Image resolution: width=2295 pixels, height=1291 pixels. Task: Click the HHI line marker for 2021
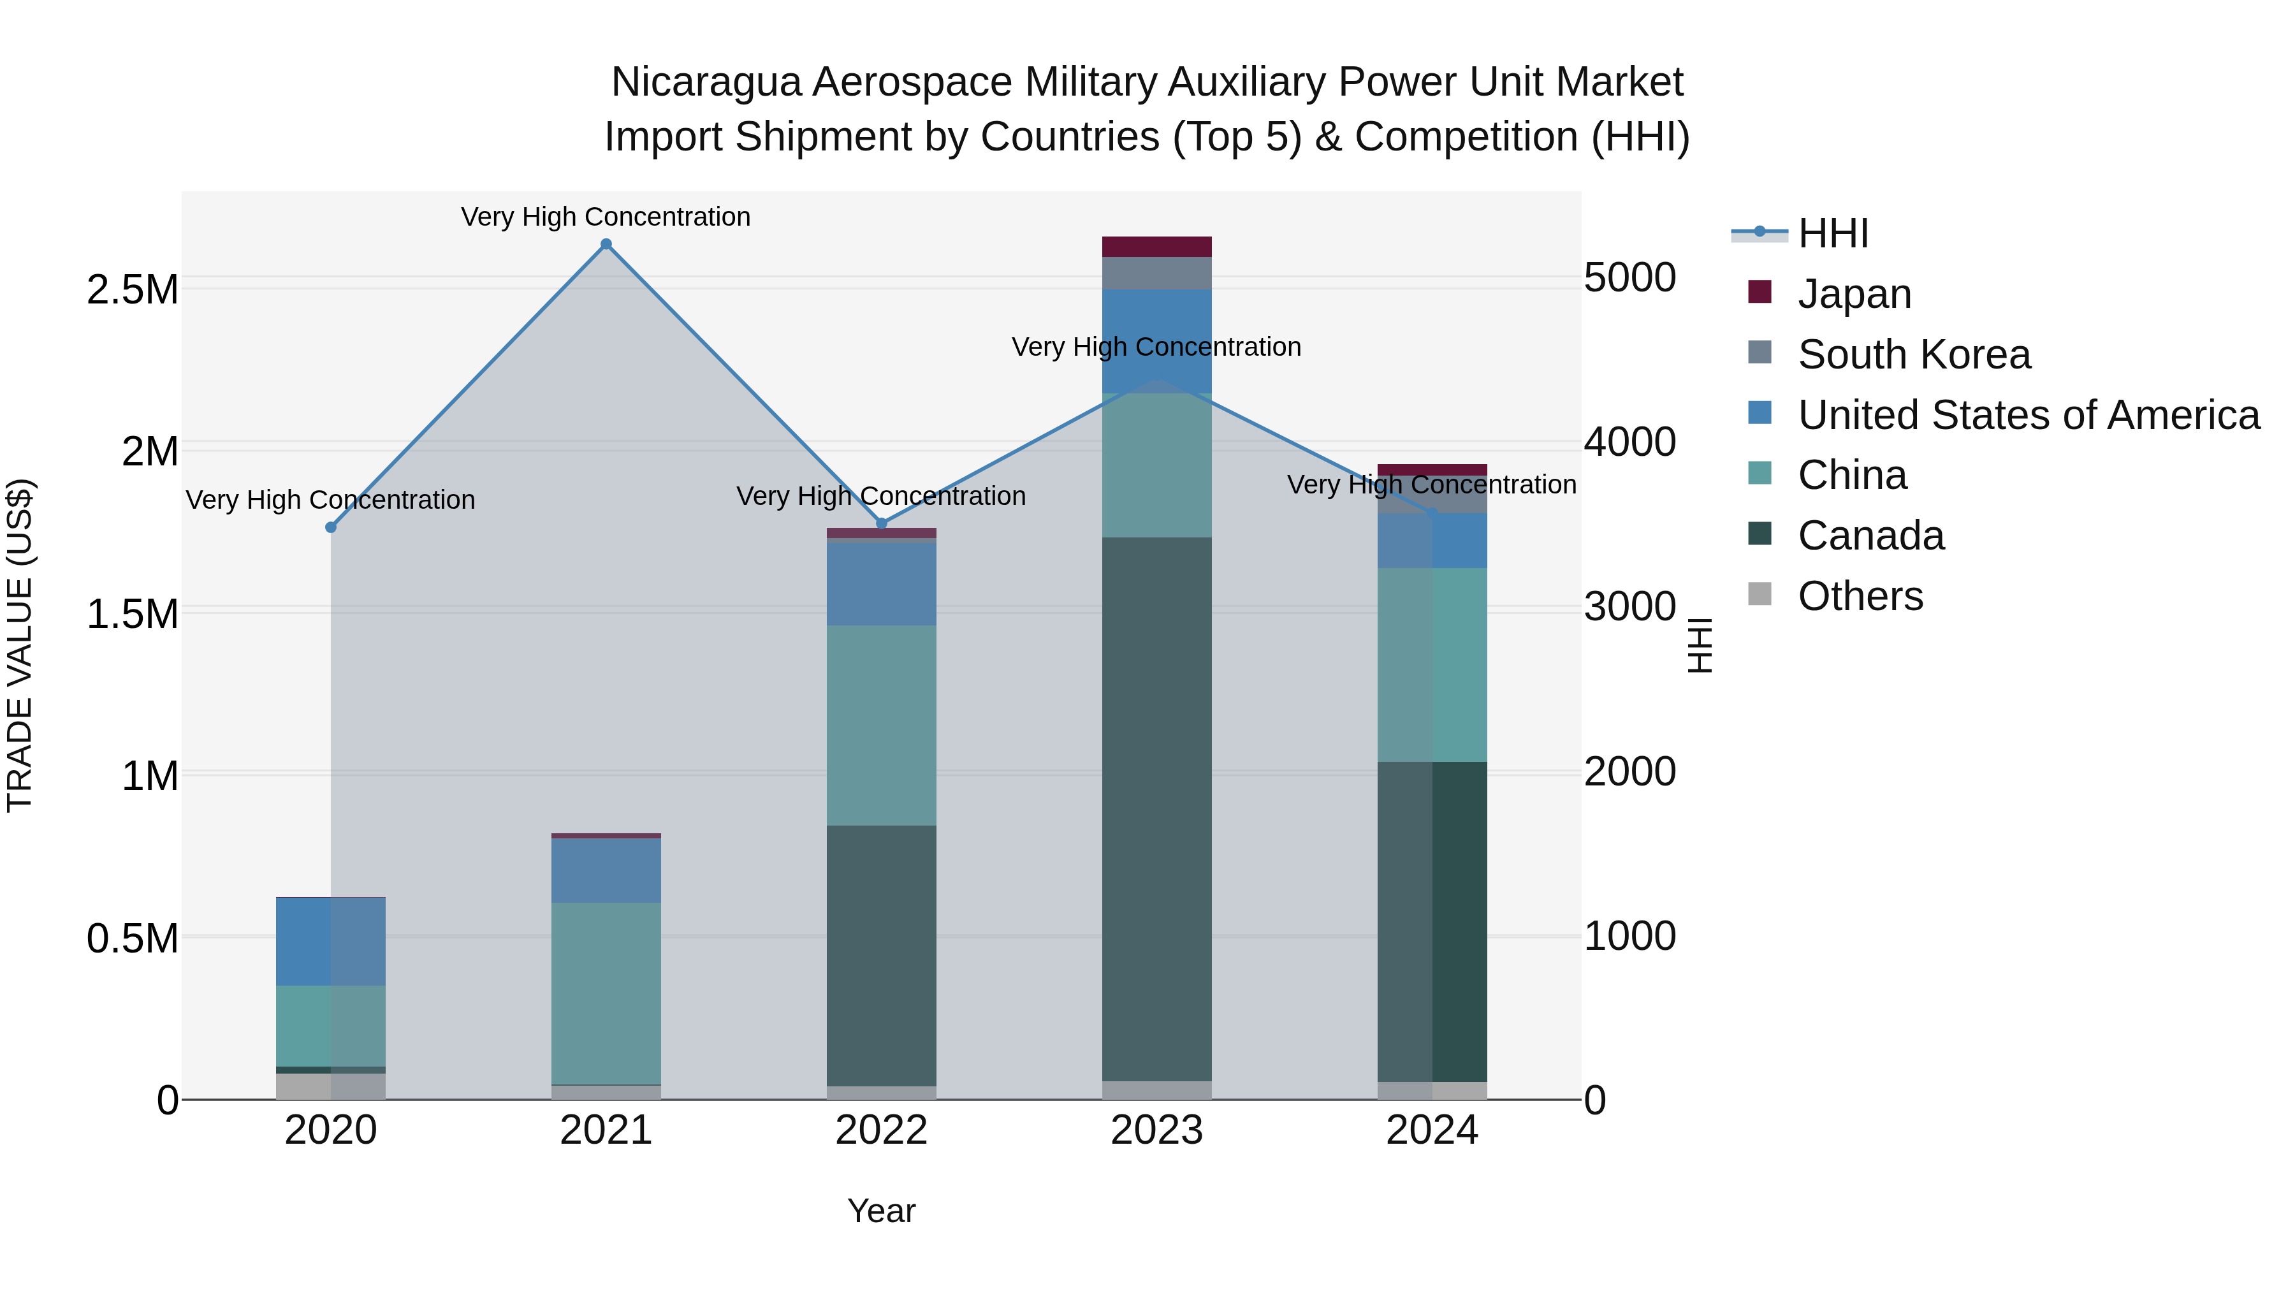tap(606, 244)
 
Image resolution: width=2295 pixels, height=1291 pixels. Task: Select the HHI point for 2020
tap(330, 527)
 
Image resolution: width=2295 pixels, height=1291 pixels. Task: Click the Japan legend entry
tap(1854, 294)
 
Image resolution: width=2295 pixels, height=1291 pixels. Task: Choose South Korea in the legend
tap(1914, 354)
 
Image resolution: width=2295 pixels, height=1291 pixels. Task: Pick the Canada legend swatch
tap(1759, 535)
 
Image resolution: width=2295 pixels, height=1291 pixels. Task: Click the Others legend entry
tap(1860, 596)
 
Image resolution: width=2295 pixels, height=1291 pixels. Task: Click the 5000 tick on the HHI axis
tap(1629, 278)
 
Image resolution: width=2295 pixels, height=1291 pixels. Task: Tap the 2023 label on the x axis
tap(1156, 1130)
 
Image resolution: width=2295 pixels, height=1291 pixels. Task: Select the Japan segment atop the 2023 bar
tap(1156, 247)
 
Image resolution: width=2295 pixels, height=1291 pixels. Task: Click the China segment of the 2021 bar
tap(606, 993)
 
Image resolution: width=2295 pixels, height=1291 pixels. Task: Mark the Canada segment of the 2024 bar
tap(1432, 922)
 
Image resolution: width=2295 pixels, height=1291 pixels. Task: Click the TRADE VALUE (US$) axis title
tap(20, 645)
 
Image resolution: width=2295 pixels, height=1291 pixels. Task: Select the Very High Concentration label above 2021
tap(606, 217)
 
